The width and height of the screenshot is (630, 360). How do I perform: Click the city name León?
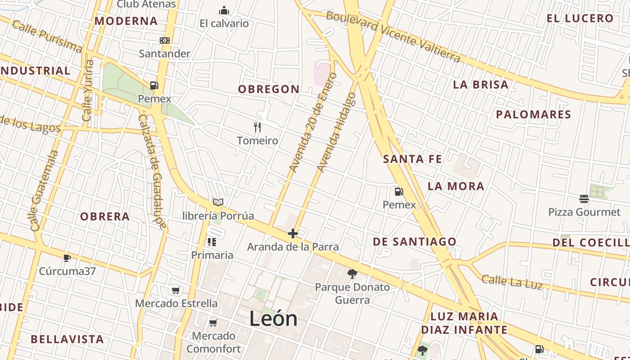pos(273,319)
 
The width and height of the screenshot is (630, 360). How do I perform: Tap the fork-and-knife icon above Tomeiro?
pos(257,127)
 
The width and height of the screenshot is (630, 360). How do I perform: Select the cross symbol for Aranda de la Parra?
pos(293,234)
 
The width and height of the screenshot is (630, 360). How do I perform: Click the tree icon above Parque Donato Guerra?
pos(352,274)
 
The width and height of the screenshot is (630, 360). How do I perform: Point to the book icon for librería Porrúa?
pos(218,202)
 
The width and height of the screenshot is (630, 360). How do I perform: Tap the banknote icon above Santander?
pos(165,40)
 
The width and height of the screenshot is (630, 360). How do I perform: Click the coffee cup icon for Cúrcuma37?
pos(67,258)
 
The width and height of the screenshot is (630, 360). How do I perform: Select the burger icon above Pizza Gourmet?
pos(584,198)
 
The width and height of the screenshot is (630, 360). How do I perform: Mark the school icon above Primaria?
pos(212,242)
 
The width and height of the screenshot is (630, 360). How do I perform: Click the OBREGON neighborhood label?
pos(269,89)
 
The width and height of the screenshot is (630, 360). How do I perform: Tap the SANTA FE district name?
pos(412,159)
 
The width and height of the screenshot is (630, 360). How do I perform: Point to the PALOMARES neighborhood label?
pos(533,114)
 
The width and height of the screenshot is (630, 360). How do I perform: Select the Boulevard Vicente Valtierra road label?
pos(393,36)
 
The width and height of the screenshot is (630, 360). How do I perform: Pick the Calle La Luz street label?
pos(512,283)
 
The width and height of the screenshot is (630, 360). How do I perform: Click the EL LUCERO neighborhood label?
pos(580,18)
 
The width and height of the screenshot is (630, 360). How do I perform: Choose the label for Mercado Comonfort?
pos(214,342)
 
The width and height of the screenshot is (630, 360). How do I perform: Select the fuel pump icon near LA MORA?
pos(399,192)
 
